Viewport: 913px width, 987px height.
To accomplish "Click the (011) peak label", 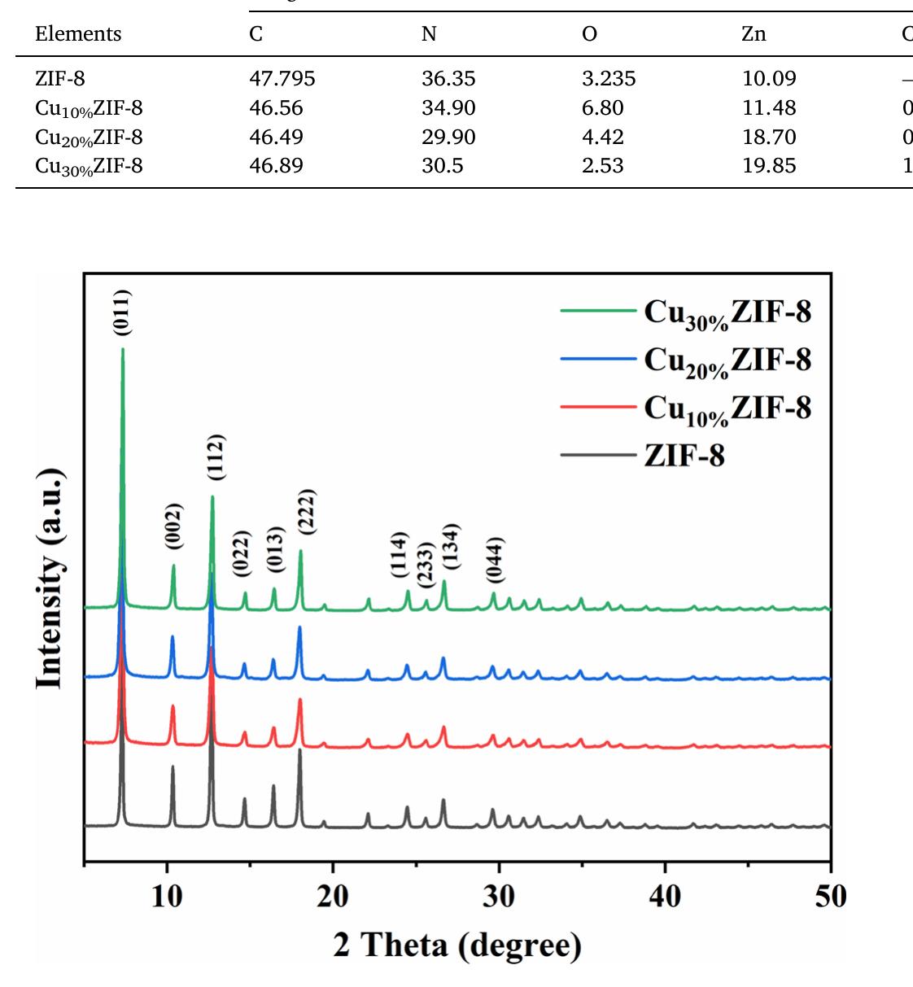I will tap(122, 312).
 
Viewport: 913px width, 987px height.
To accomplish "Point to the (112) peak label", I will tap(215, 457).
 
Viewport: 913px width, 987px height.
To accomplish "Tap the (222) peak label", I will tap(306, 512).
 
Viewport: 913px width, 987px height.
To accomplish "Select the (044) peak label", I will tap(495, 560).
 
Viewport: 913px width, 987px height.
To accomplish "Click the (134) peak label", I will tap(450, 546).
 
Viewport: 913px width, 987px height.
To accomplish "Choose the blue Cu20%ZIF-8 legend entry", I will tap(685, 360).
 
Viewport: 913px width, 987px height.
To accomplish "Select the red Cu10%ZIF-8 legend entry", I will tap(685, 408).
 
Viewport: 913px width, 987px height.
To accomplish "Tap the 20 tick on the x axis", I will tap(332, 897).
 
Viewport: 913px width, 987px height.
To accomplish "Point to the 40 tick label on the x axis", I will tap(665, 897).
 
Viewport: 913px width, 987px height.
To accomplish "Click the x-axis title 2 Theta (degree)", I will tap(457, 946).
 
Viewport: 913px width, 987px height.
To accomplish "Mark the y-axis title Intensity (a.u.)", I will tap(50, 579).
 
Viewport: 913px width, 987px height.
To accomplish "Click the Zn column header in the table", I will tap(754, 33).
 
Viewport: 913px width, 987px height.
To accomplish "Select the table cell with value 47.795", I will tap(282, 78).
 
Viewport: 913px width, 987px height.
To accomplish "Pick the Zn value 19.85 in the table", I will tap(769, 165).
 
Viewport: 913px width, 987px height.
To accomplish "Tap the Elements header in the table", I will tap(78, 33).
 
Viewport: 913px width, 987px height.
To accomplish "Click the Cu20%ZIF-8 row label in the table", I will tap(89, 137).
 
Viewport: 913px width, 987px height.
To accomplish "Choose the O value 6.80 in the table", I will tap(603, 107).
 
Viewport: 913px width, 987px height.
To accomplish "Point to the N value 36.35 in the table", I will tap(448, 78).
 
